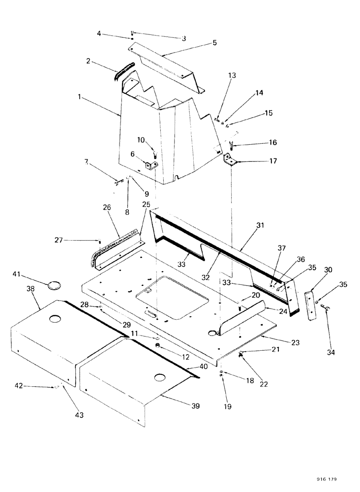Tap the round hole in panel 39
pyautogui.click(x=159, y=377)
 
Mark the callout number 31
pyautogui.click(x=260, y=226)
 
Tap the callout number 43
pyautogui.click(x=79, y=415)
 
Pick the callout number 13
pyautogui.click(x=232, y=75)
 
